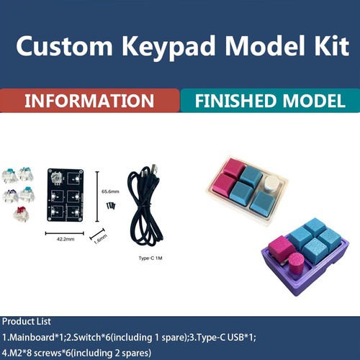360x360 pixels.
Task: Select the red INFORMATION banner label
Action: point(89,101)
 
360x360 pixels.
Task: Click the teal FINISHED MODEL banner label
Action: point(270,101)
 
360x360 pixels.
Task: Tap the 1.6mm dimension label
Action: point(102,235)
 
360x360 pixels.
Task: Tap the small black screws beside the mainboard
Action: point(110,207)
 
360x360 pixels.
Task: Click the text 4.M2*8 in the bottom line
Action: point(22,352)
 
